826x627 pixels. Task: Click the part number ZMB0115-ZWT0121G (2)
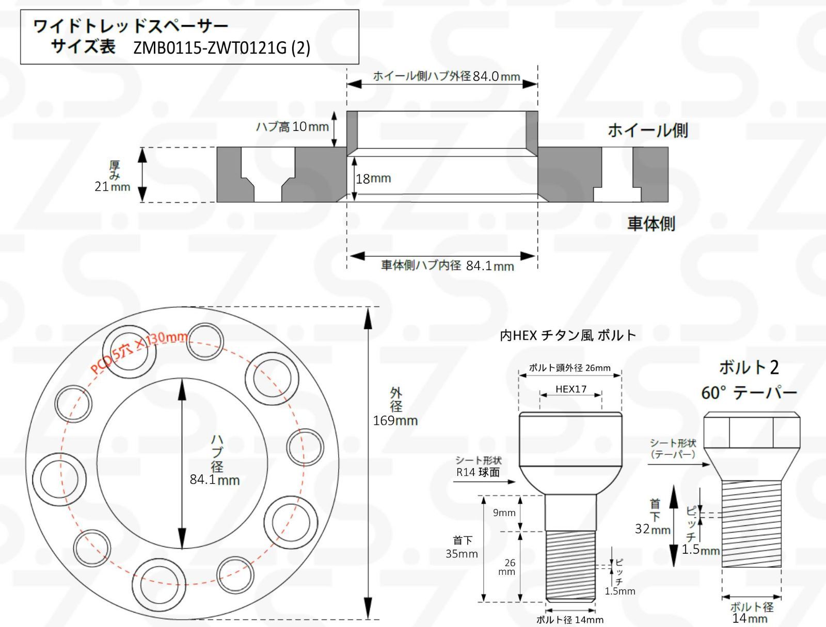point(222,48)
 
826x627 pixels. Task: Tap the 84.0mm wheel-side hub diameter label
point(496,76)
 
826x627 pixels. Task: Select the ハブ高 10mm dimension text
point(292,127)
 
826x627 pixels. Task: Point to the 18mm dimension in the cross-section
point(373,178)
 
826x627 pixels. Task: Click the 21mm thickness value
point(112,187)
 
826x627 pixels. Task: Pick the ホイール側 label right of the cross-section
point(647,130)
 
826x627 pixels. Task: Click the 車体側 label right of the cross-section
point(651,224)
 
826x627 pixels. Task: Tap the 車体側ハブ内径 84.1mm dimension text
point(448,266)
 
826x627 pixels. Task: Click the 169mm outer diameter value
point(395,420)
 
